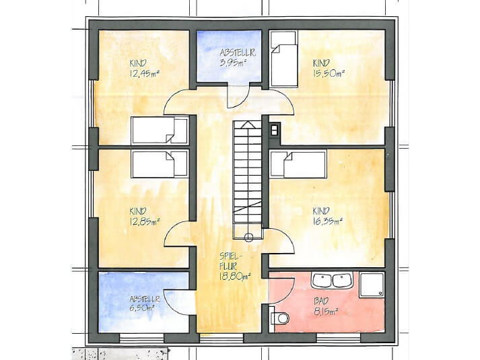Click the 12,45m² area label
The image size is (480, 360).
tap(145, 73)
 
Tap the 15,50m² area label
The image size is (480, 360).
tap(329, 73)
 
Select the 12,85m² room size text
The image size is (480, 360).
tap(145, 221)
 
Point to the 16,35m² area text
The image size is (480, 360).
tap(328, 221)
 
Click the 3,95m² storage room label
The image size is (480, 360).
tap(233, 63)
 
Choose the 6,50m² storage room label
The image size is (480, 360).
tap(142, 308)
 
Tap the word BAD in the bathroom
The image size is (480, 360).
tap(321, 301)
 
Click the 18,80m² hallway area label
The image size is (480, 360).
tap(235, 277)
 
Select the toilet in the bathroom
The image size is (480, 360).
tap(280, 318)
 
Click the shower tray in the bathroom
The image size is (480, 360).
tap(372, 285)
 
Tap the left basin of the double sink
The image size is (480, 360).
tap(321, 280)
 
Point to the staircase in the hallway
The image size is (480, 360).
tap(247, 180)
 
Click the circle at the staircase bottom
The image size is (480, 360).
tap(248, 238)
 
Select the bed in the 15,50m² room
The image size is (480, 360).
tap(284, 59)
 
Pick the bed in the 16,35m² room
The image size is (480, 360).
tap(298, 164)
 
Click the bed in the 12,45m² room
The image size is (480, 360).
tap(160, 130)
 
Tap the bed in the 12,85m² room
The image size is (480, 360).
tap(160, 164)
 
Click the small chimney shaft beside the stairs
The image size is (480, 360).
tap(274, 130)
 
